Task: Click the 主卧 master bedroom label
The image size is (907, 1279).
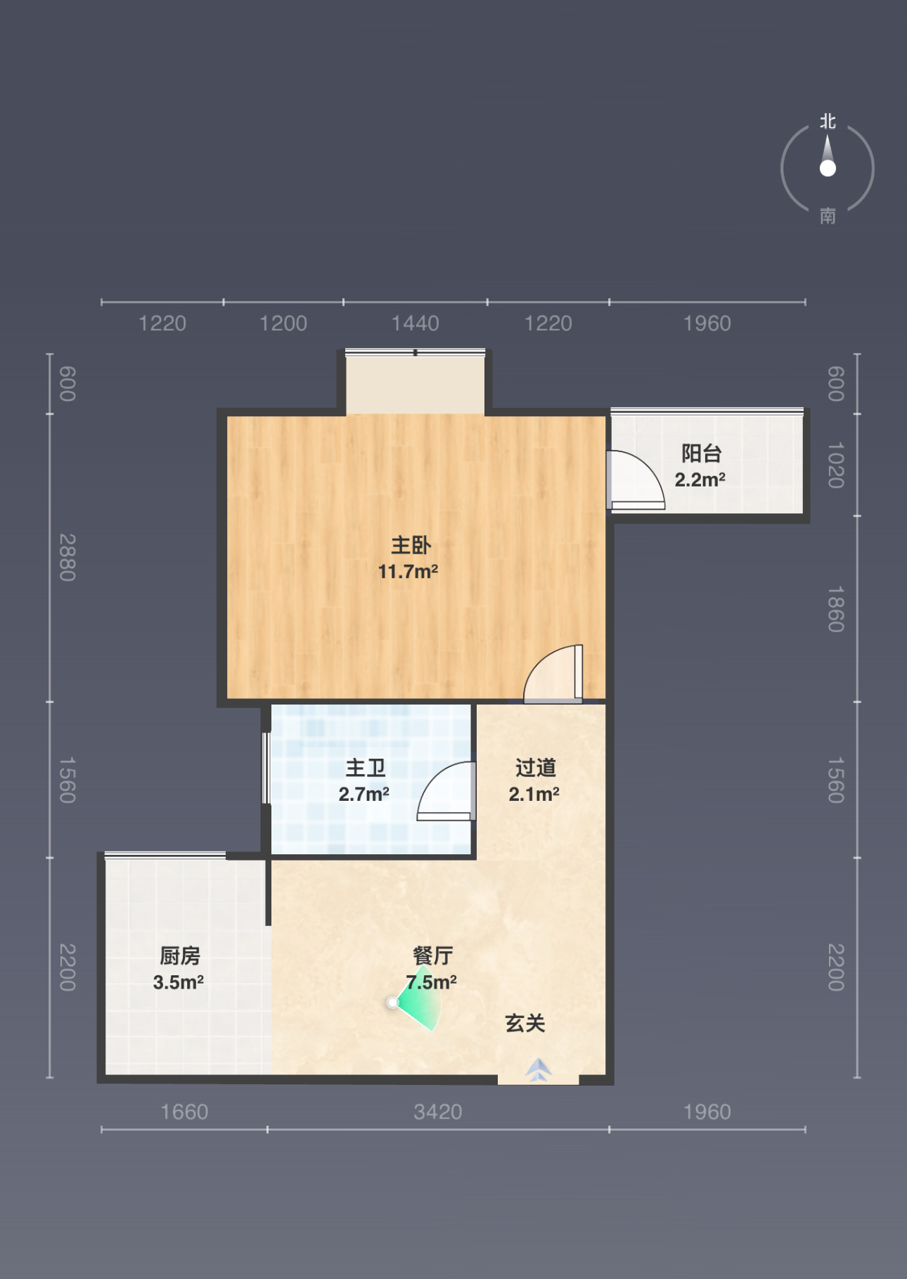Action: [x=411, y=545]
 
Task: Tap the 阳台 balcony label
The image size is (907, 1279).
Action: [x=702, y=454]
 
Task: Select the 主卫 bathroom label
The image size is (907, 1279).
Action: [x=366, y=768]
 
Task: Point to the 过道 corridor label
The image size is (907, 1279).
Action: [x=536, y=768]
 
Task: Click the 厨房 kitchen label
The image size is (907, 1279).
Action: [x=180, y=956]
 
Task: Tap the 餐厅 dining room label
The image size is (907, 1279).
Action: [x=432, y=956]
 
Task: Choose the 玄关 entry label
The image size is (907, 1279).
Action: [x=525, y=1023]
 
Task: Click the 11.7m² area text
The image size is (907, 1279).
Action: [x=409, y=572]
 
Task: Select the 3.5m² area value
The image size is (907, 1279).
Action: [x=179, y=982]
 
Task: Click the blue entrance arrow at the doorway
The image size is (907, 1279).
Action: [x=539, y=1069]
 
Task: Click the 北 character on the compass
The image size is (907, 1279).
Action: [x=828, y=122]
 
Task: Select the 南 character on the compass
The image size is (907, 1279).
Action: [x=828, y=216]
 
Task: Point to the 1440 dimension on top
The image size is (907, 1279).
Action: [x=416, y=323]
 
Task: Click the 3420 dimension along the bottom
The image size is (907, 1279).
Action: [x=438, y=1112]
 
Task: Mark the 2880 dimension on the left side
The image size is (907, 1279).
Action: [x=67, y=558]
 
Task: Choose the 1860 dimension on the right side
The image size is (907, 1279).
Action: [x=835, y=609]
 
